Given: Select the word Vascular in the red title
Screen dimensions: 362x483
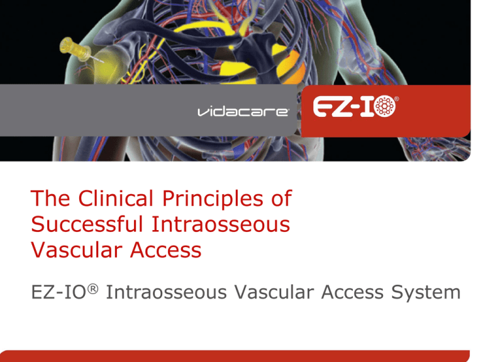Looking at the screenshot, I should click(75, 250).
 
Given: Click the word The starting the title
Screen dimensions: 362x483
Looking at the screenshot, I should click(50, 200).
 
